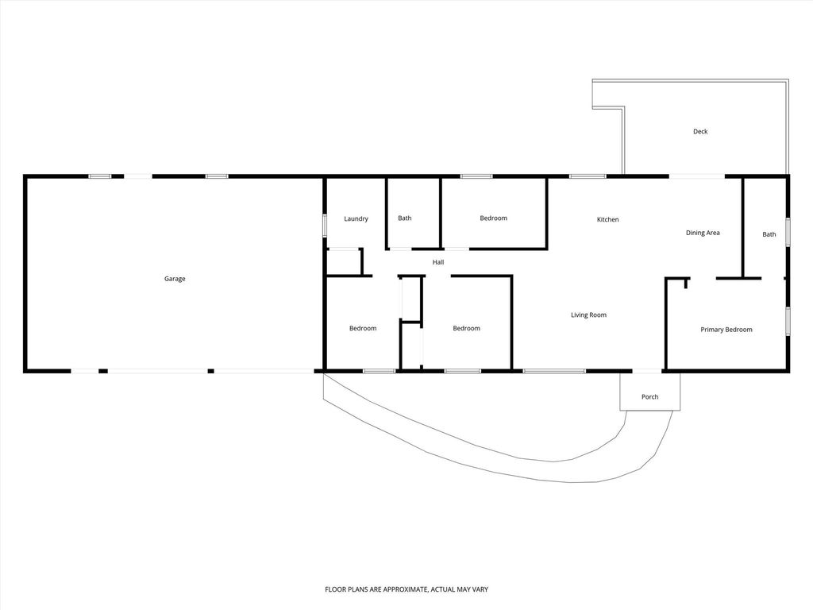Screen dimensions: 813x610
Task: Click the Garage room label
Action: click(175, 279)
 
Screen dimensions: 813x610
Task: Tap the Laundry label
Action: click(356, 219)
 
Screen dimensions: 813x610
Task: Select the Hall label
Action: click(438, 262)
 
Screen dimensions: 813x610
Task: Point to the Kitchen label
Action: click(607, 220)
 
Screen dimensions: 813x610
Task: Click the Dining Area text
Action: click(703, 233)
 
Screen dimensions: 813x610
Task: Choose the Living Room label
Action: click(588, 315)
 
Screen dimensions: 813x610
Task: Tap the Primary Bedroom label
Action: click(726, 330)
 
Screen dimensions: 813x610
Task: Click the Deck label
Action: click(700, 132)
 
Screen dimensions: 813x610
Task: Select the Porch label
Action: click(649, 397)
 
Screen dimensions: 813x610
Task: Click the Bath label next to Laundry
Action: click(405, 218)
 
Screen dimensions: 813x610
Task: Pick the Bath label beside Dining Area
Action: click(769, 234)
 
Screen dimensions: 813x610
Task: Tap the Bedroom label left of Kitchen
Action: click(494, 218)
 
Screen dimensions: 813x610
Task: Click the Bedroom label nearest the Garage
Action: click(363, 328)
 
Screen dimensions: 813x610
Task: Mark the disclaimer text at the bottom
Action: click(406, 589)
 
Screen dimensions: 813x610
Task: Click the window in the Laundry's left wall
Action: click(325, 226)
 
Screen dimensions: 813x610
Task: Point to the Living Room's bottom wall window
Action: click(554, 371)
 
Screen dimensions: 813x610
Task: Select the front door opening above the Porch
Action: click(647, 371)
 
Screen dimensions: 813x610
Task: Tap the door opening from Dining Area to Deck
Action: click(696, 176)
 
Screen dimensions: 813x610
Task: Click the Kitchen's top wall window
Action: click(588, 176)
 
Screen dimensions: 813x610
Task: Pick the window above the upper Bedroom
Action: click(476, 176)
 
